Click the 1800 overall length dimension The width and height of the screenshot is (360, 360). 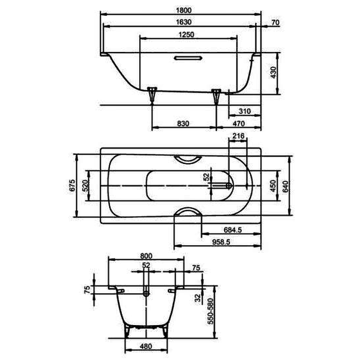click(184, 10)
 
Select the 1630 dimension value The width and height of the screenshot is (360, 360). click(184, 22)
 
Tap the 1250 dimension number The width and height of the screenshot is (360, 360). click(186, 34)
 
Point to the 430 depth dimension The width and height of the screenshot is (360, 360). click(273, 73)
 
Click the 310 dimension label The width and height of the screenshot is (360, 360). click(245, 112)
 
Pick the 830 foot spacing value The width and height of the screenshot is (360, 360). click(183, 123)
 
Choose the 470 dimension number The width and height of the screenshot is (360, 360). click(239, 123)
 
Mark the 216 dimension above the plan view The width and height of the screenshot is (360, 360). click(238, 136)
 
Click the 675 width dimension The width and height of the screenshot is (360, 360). click(72, 185)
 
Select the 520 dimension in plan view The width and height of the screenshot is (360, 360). click(85, 186)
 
